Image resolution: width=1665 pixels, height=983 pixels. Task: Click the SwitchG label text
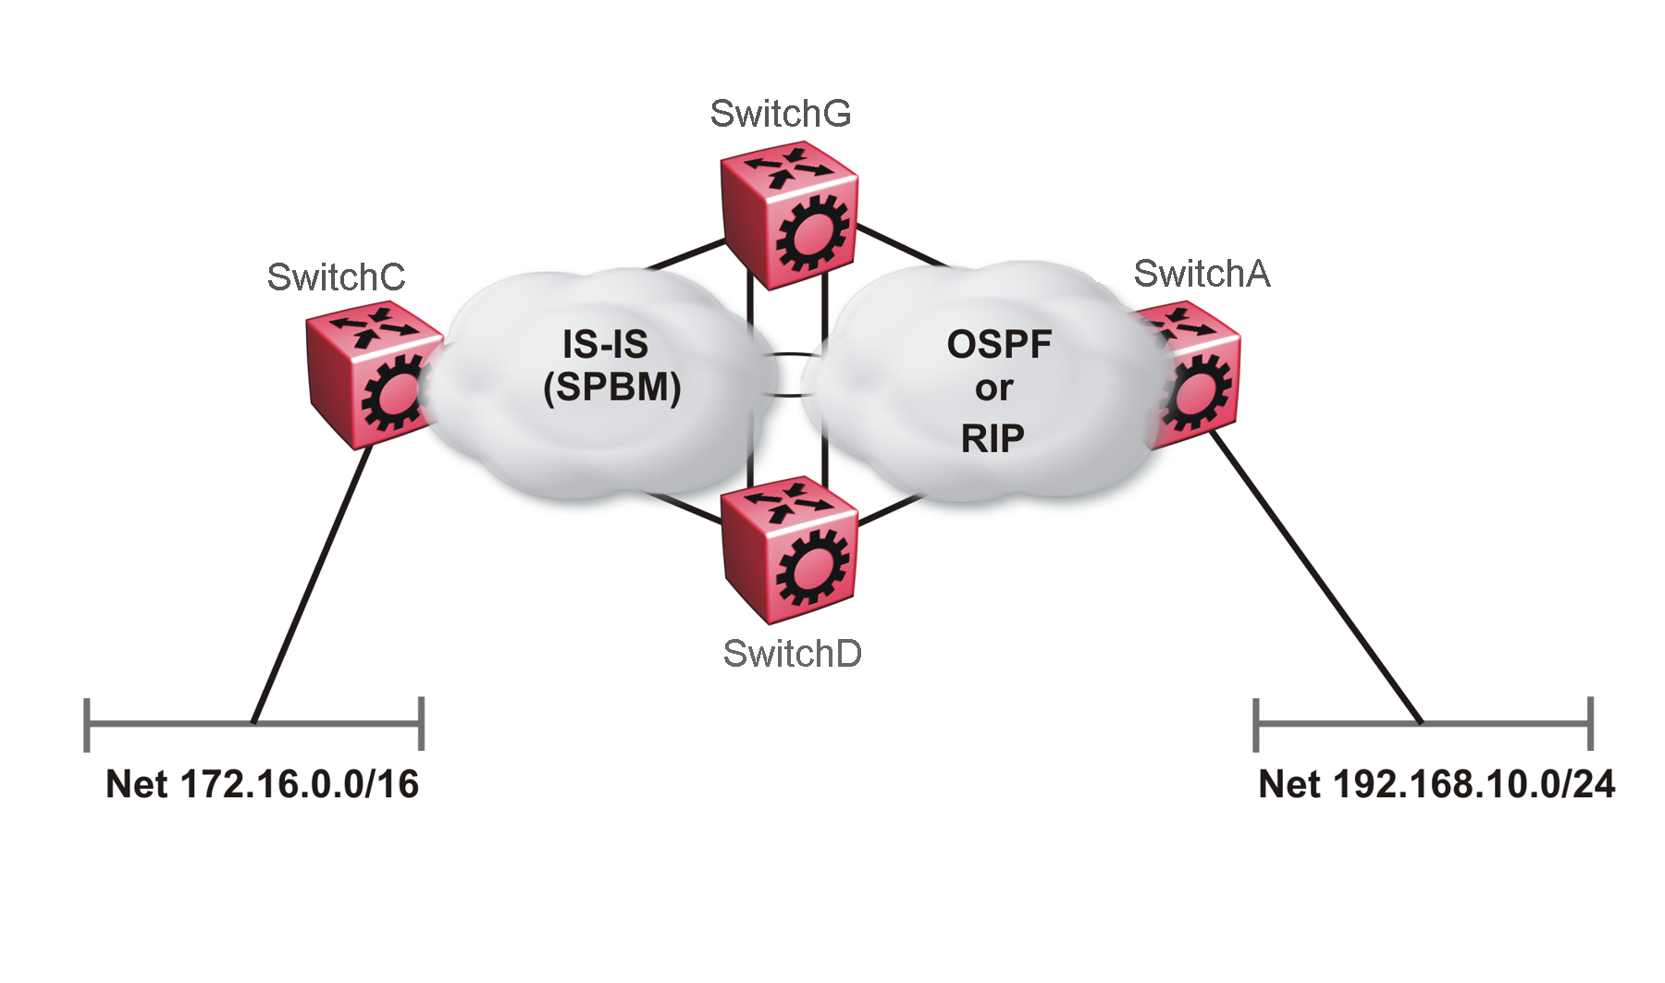[x=780, y=114]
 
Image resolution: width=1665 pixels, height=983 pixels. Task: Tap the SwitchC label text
[x=336, y=276]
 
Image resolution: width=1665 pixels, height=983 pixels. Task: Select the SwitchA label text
[x=1202, y=274]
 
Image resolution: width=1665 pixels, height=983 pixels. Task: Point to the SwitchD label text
[x=792, y=654]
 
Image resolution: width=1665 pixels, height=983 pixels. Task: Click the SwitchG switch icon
[x=789, y=215]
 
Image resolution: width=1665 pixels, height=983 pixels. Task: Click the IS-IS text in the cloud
[x=605, y=344]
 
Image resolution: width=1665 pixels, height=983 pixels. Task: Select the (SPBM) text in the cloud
[x=611, y=387]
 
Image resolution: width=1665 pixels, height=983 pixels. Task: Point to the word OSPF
[x=999, y=344]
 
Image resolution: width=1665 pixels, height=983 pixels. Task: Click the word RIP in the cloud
[x=993, y=438]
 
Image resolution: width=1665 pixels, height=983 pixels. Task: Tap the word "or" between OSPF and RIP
[x=993, y=389]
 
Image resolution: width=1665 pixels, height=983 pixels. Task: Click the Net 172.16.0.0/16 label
[x=262, y=784]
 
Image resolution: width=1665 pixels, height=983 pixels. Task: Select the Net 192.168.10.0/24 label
[x=1437, y=784]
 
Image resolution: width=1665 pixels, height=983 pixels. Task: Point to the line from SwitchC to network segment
[x=310, y=587]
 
